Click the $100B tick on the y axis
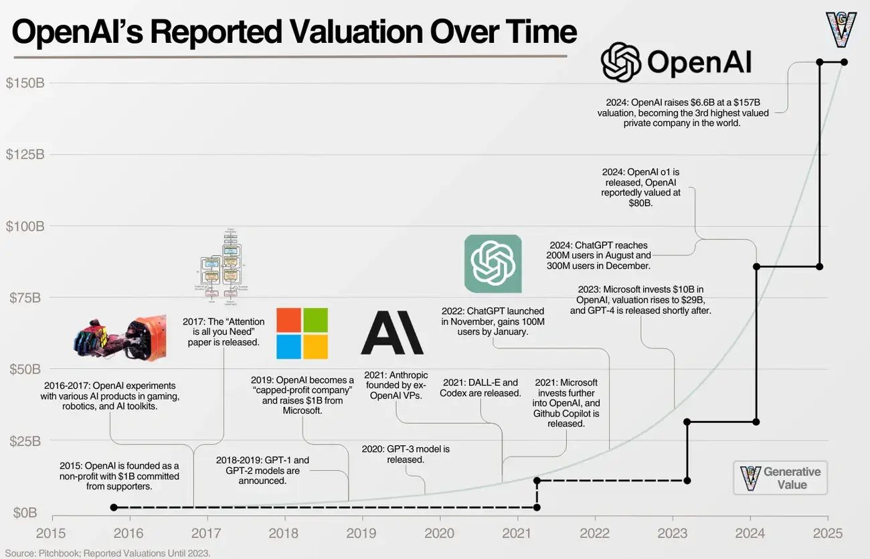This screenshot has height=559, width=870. coord(25,226)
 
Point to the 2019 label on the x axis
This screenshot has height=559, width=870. coord(362,533)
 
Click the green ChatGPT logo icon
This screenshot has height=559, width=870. coord(493,264)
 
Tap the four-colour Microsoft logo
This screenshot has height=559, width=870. coord(302,333)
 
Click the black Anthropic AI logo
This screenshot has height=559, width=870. coord(392,333)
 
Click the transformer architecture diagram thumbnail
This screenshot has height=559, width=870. coord(220,265)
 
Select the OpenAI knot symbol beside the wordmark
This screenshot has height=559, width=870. coord(621,62)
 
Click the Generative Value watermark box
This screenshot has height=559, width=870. coord(780,478)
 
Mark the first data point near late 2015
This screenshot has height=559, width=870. coord(113,507)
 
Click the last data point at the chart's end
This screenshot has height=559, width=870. coord(843,62)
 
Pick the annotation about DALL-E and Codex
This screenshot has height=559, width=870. coord(480,388)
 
